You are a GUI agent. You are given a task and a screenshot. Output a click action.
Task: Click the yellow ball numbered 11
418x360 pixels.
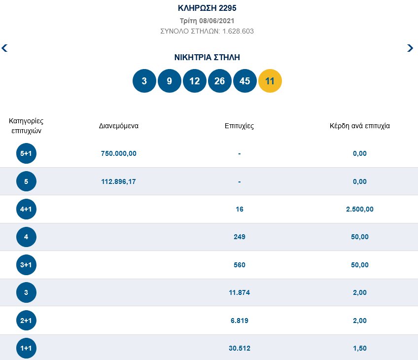pyautogui.click(x=270, y=81)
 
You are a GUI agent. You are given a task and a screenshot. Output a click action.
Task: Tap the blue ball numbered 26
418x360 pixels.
pyautogui.click(x=220, y=81)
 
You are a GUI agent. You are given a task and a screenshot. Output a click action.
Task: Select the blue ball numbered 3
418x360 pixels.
pyautogui.click(x=144, y=81)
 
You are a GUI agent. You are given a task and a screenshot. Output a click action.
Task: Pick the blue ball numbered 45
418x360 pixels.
pyautogui.click(x=245, y=81)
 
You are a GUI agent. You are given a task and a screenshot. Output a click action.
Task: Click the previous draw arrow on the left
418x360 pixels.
pyautogui.click(x=5, y=48)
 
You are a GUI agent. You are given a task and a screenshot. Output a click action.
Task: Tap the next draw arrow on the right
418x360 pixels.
pyautogui.click(x=410, y=48)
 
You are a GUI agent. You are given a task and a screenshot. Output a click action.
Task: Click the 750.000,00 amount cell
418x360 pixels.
pyautogui.click(x=118, y=153)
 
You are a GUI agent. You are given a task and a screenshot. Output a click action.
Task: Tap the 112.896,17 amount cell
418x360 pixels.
pyautogui.click(x=118, y=181)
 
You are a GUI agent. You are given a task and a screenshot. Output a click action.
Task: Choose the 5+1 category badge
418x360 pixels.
pyautogui.click(x=26, y=153)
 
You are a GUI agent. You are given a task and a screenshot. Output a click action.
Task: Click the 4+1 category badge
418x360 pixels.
pyautogui.click(x=26, y=209)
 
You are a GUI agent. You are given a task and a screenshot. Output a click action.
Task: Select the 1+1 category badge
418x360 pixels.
pyautogui.click(x=26, y=349)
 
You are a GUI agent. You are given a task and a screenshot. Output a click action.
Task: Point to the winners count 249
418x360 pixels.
pyautogui.click(x=239, y=237)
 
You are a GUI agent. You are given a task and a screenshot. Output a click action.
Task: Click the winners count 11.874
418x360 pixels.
pyautogui.click(x=239, y=293)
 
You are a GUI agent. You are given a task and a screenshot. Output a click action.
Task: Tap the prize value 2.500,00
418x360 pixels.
pyautogui.click(x=360, y=209)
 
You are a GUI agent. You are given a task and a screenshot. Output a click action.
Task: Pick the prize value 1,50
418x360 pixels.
pyautogui.click(x=360, y=349)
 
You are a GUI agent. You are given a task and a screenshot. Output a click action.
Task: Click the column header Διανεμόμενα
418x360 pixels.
pyautogui.click(x=118, y=126)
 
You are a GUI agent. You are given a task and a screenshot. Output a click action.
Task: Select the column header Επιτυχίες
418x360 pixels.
pyautogui.click(x=239, y=126)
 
